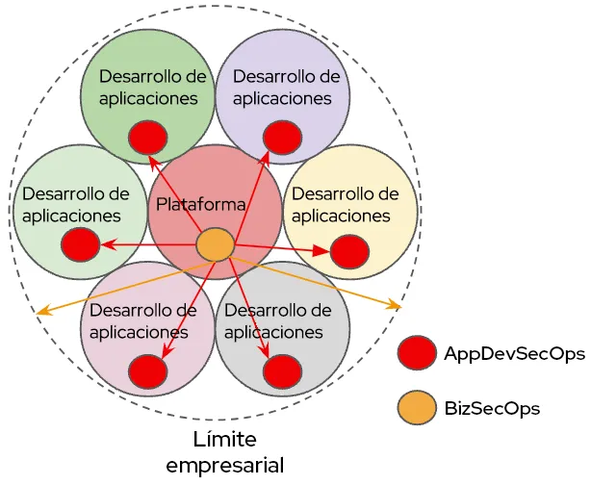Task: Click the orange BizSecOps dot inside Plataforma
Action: (215, 244)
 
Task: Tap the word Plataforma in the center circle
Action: (201, 204)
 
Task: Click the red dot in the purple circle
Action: (281, 136)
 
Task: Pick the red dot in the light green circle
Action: (80, 244)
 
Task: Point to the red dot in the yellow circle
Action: (349, 252)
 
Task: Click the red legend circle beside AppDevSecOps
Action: (417, 353)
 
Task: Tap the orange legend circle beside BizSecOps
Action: (417, 408)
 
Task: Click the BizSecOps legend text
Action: (492, 408)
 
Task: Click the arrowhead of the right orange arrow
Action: (397, 306)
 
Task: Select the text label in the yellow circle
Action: (345, 204)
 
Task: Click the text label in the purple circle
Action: (286, 87)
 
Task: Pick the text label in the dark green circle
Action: (152, 87)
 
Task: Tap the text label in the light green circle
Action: (75, 204)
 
